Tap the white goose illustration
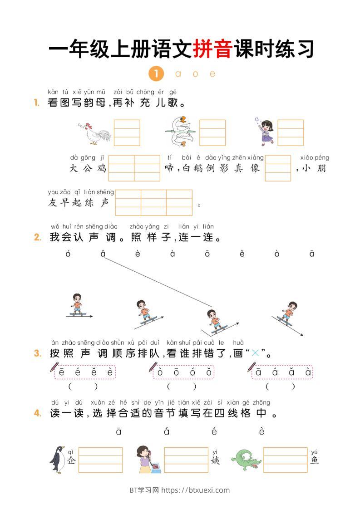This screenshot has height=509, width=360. (x=180, y=131)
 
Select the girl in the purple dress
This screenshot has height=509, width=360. (x=265, y=131)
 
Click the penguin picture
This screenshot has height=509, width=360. (x=58, y=459)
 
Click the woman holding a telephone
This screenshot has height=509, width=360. (x=148, y=459)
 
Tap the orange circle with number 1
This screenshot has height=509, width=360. (x=156, y=73)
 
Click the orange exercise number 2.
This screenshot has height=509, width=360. (x=38, y=237)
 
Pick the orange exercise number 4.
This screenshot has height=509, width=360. (x=38, y=413)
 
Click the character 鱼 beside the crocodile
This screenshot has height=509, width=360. (x=315, y=460)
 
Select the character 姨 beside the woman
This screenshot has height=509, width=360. (x=215, y=460)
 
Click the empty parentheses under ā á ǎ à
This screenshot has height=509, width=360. (x=280, y=387)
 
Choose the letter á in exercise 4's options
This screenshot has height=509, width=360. (x=167, y=431)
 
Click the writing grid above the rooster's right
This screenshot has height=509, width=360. (x=127, y=132)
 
